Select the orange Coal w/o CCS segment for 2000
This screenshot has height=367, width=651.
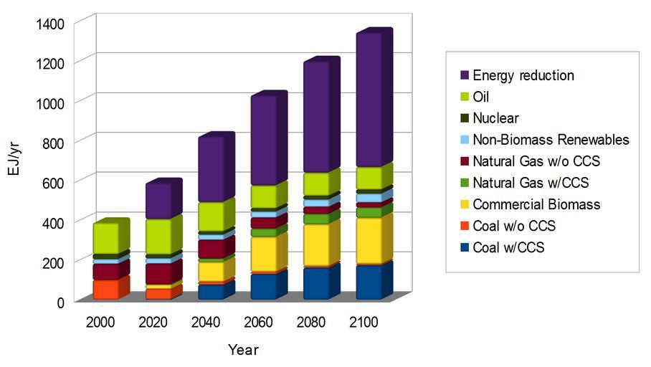coord(105,290)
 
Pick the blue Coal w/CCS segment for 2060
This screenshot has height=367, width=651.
coord(263,286)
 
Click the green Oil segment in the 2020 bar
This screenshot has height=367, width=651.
coord(158,236)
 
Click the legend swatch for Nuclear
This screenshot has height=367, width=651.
coord(464,118)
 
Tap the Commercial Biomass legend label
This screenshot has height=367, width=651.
coord(536,204)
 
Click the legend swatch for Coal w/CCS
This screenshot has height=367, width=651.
coord(464,247)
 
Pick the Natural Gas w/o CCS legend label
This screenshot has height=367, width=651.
coord(537,161)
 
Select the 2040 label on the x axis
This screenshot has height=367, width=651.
coord(206,323)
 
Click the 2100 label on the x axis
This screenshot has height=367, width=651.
coord(363,323)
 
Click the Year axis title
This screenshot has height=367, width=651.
coord(243,351)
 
